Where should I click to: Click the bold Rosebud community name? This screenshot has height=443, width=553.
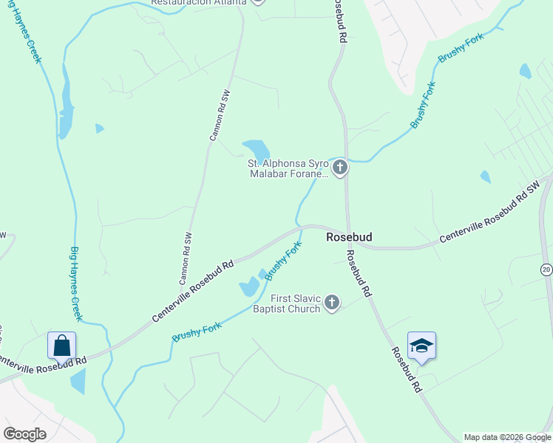pos(349,237)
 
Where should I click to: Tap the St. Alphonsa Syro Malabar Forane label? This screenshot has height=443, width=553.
pos(288,168)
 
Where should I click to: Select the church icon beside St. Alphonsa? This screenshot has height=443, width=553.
pos(339,168)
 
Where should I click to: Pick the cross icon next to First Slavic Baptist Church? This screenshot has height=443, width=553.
pos(332,303)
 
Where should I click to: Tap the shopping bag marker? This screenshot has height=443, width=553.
pos(62,346)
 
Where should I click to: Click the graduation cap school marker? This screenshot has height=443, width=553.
pos(421,346)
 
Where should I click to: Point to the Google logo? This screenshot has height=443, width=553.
pos(25,434)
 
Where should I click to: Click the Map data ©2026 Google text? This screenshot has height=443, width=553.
pos(506,437)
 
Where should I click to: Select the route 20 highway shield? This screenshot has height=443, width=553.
pos(546,269)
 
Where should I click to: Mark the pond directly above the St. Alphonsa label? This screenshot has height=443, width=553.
pos(254,148)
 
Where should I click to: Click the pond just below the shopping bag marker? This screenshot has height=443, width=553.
pos(77,382)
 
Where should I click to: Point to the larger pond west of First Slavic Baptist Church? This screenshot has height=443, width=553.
pos(248,286)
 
